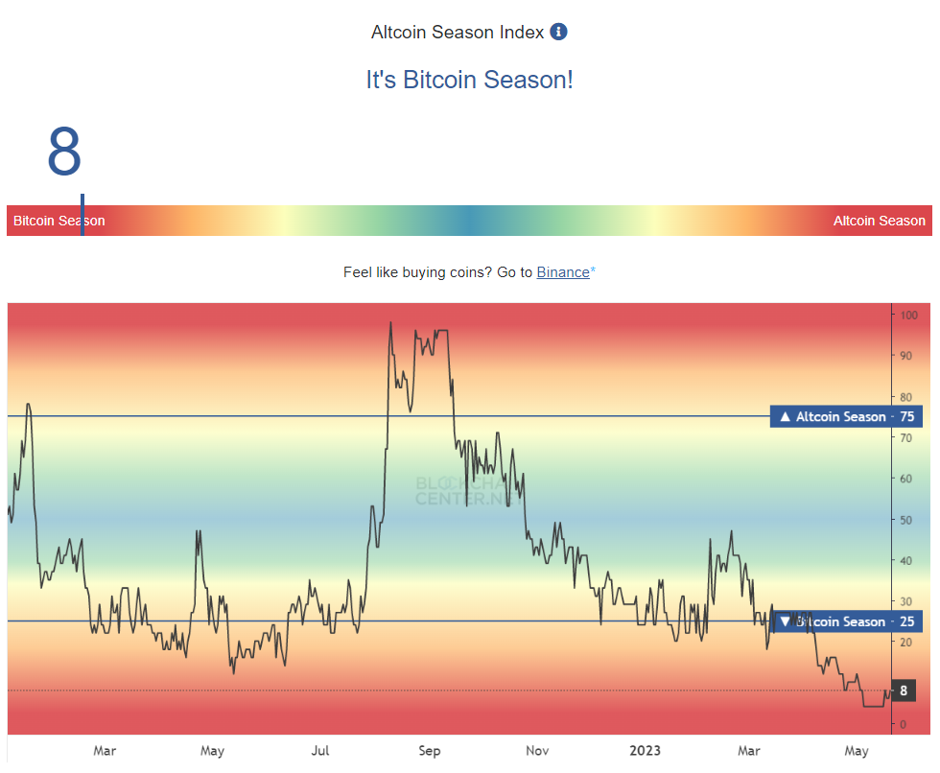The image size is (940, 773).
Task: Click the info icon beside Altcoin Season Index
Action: (x=558, y=32)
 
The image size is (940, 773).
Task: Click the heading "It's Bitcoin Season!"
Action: (x=469, y=79)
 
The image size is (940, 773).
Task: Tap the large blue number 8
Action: (x=64, y=152)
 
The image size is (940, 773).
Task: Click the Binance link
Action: (x=563, y=272)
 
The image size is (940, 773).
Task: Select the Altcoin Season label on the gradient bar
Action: (x=879, y=221)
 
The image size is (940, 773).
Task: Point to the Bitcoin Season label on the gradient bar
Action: (x=59, y=221)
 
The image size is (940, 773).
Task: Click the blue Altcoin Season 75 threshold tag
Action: (x=845, y=416)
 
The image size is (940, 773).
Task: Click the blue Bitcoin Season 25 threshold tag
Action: (x=845, y=621)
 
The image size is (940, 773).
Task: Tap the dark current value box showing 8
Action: (x=903, y=691)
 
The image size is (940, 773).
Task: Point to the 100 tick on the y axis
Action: (x=908, y=315)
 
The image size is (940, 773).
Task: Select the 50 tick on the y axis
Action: (x=906, y=520)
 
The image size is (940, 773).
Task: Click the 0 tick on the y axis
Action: (x=903, y=724)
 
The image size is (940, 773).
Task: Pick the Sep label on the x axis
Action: (x=430, y=750)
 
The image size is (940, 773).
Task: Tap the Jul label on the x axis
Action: (x=320, y=750)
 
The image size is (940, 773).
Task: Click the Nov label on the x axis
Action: (x=537, y=750)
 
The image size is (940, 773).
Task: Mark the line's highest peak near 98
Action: (x=390, y=323)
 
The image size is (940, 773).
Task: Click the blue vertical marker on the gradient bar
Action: (x=82, y=215)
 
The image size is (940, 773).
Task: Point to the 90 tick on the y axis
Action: (x=906, y=356)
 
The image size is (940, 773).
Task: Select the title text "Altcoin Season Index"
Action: (x=458, y=32)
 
